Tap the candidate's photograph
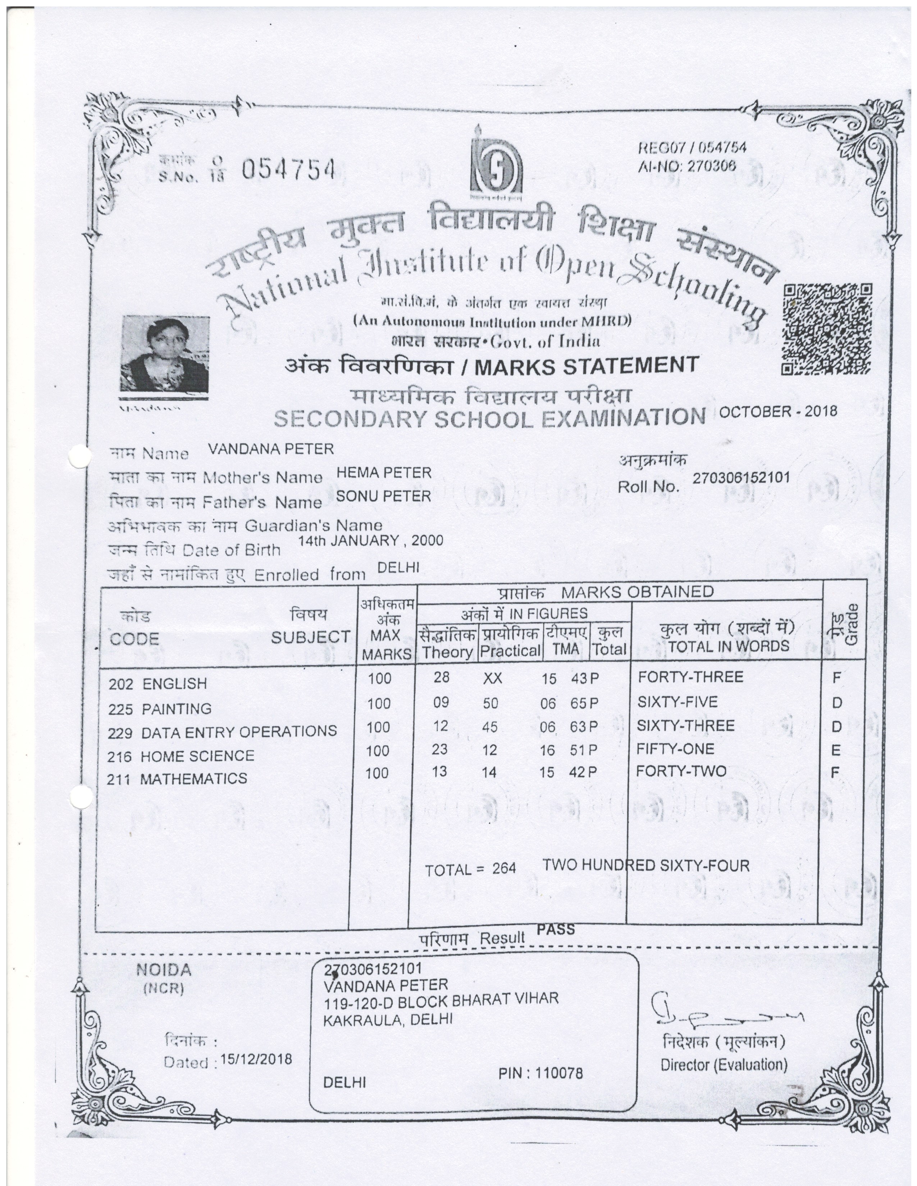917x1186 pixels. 164,354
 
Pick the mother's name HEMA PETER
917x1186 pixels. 384,473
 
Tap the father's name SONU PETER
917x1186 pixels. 384,496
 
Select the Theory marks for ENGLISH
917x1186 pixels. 441,677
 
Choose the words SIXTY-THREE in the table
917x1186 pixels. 685,726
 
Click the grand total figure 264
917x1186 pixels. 504,868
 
